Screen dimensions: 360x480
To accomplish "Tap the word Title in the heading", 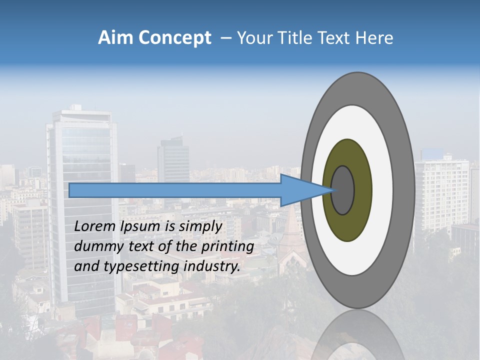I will tap(299, 38).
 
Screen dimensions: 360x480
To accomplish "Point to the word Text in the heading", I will tap(336, 38).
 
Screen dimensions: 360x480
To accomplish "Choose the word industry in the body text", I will tap(212, 266).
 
